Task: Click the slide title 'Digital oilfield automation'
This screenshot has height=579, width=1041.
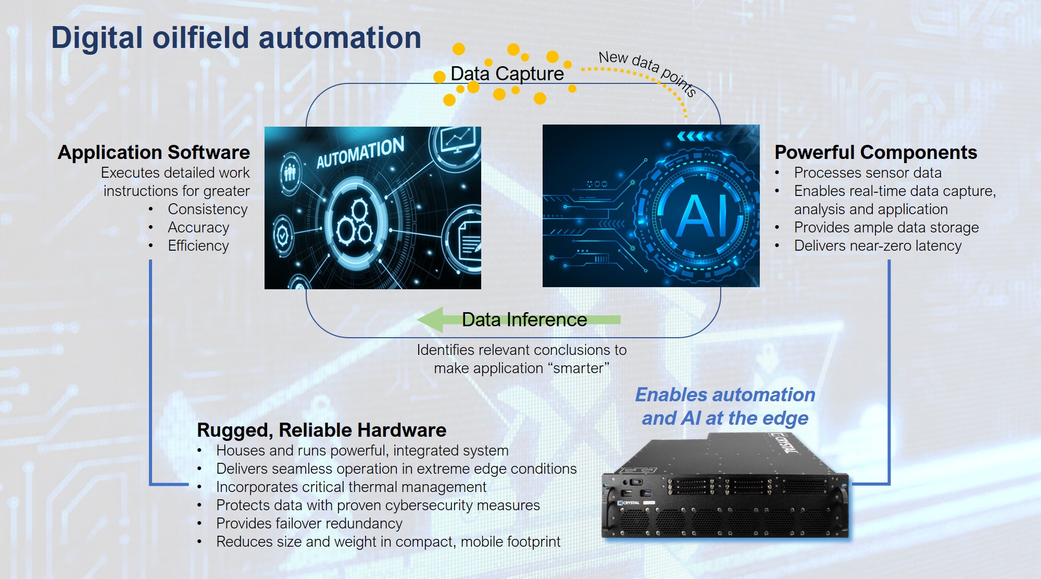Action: (236, 38)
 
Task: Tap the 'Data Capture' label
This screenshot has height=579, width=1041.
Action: (507, 74)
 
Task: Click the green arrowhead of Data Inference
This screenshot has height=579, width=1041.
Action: (431, 319)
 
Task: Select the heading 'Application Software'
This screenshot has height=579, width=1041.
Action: (154, 152)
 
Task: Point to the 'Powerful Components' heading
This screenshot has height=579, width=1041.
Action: (875, 152)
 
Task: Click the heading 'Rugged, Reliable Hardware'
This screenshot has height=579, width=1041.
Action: (321, 430)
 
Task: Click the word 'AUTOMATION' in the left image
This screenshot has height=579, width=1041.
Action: (360, 152)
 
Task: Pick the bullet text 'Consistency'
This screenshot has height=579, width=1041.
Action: (207, 209)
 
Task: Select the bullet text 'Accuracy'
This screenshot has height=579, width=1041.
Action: (198, 228)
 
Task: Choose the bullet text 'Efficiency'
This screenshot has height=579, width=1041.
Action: (198, 246)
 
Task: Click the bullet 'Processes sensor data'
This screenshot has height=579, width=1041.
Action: (868, 173)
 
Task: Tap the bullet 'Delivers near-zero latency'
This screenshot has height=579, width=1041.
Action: (877, 245)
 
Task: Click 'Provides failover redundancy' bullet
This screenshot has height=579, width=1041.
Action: (309, 523)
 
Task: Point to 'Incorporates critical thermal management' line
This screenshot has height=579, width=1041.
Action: (351, 487)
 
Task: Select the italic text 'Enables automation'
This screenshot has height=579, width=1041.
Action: (725, 395)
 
